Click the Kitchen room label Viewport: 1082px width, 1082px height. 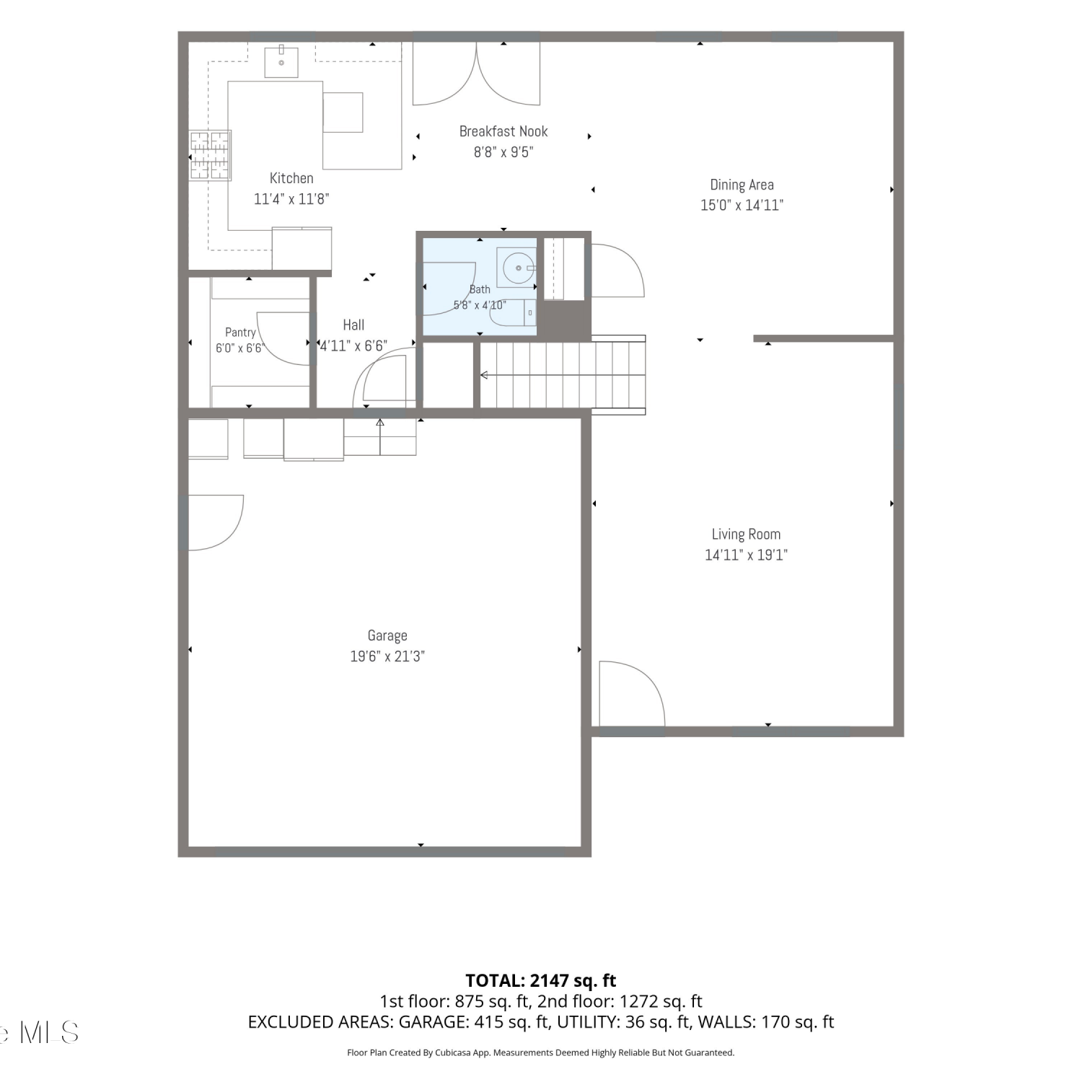click(291, 178)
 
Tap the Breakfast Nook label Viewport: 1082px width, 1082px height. click(503, 131)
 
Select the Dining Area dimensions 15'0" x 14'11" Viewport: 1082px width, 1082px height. click(742, 205)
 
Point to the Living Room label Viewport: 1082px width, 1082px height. click(746, 535)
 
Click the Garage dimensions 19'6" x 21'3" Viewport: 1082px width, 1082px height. click(387, 656)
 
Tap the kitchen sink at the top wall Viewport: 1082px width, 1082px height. click(281, 61)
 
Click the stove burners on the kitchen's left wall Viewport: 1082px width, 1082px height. click(210, 154)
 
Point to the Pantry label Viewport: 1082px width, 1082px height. click(240, 333)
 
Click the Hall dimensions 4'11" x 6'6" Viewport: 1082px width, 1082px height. click(353, 346)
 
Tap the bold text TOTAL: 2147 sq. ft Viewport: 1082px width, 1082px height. click(541, 981)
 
